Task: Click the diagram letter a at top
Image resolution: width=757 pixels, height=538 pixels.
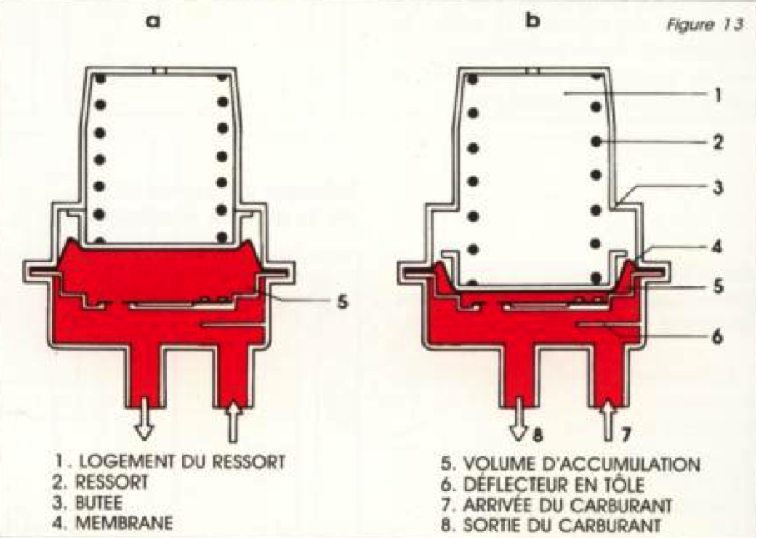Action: click(152, 22)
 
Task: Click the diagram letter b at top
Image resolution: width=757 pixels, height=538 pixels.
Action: click(532, 20)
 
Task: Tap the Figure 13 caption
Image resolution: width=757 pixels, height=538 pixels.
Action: click(705, 25)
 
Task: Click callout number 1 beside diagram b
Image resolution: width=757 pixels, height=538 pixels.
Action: click(718, 95)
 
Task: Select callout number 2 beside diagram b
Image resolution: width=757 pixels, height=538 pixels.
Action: click(718, 142)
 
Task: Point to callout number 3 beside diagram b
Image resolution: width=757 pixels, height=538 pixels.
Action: click(718, 187)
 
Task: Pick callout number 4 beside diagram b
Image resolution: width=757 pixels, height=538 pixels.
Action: click(718, 247)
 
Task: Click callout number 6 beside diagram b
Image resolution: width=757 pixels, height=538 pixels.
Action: click(718, 336)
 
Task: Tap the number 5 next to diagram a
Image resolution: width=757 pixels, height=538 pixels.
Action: click(342, 301)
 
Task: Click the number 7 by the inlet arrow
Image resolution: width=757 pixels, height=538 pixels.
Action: click(625, 435)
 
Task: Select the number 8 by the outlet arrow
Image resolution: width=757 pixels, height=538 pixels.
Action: click(537, 435)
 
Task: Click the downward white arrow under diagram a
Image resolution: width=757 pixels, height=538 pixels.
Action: click(144, 422)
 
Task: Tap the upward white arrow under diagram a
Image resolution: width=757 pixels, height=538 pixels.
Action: click(233, 421)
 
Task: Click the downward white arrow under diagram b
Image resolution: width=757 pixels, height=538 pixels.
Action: click(520, 418)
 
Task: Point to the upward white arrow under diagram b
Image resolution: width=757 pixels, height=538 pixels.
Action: click(608, 421)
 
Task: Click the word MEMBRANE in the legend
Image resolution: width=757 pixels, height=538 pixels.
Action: click(124, 522)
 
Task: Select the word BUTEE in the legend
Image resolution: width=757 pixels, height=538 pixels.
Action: click(99, 503)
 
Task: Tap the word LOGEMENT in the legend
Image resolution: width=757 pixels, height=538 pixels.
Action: click(127, 461)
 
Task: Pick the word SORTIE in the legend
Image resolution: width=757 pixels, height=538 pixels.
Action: click(493, 525)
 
